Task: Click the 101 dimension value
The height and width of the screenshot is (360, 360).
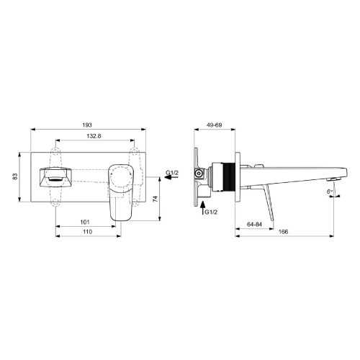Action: pos(84,222)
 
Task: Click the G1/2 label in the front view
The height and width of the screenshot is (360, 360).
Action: pos(172,174)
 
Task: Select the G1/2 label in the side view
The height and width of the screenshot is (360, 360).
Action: pos(210,212)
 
